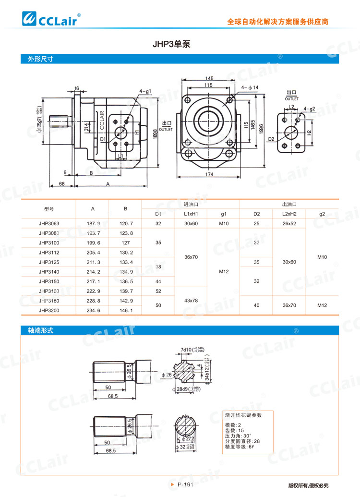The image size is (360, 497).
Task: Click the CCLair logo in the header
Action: (x=52, y=19)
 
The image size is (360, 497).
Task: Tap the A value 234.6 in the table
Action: (x=93, y=311)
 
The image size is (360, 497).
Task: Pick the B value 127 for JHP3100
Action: (x=125, y=242)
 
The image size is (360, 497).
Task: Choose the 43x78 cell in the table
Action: (x=191, y=301)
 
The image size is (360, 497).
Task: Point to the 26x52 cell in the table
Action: (x=289, y=223)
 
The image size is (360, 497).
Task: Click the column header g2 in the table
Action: (x=322, y=213)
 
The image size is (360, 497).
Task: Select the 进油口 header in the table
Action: (x=191, y=204)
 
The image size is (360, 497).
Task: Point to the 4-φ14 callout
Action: (x=250, y=87)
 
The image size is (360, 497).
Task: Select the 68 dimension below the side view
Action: (x=62, y=183)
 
